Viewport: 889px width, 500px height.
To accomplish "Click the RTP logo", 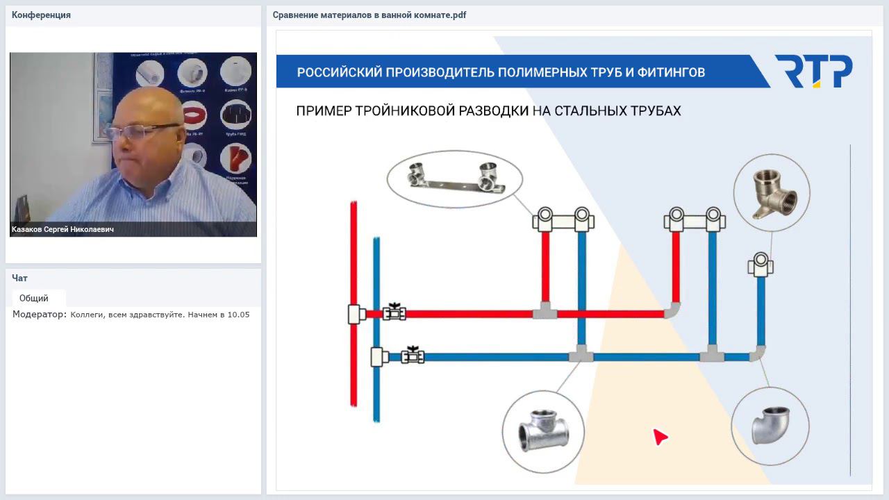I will (813, 72).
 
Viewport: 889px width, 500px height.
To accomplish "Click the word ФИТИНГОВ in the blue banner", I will (666, 72).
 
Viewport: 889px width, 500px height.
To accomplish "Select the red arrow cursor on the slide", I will (659, 436).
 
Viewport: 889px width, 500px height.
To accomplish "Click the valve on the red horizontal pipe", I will (394, 312).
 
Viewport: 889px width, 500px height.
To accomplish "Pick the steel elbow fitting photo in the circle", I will (770, 425).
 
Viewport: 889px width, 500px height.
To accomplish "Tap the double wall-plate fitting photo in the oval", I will (454, 178).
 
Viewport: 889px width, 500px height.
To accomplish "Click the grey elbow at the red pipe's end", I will (672, 310).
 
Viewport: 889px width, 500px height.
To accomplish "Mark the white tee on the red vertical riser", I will (356, 315).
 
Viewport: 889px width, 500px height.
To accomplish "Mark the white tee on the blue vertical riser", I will (379, 357).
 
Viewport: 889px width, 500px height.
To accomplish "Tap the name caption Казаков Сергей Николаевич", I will (63, 229).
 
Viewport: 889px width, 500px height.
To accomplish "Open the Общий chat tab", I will (34, 298).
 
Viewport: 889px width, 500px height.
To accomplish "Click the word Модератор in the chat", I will (39, 315).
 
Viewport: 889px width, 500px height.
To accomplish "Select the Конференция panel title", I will (41, 15).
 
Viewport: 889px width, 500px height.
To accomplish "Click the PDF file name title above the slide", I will (369, 15).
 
